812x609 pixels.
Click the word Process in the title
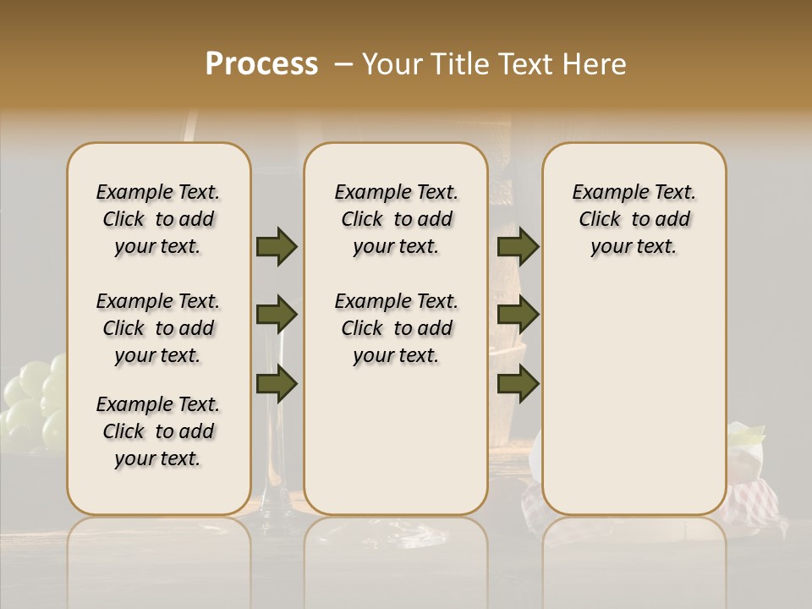coord(261,64)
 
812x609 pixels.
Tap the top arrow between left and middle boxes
coord(277,246)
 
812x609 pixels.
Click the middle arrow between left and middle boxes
coord(277,315)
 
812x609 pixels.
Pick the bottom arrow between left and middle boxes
coord(277,384)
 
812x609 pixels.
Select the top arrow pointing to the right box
coord(518,246)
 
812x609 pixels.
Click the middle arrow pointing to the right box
coord(518,315)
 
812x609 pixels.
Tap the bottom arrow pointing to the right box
coord(518,384)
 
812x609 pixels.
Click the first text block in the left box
coord(158,219)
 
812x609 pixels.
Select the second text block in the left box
coord(158,328)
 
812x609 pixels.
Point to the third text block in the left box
coord(158,431)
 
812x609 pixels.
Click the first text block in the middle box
coord(396,219)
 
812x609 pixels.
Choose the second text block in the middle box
coord(396,328)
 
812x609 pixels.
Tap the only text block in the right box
coord(634,219)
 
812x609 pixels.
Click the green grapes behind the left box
coord(34,398)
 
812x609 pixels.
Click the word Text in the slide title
coord(522,64)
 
